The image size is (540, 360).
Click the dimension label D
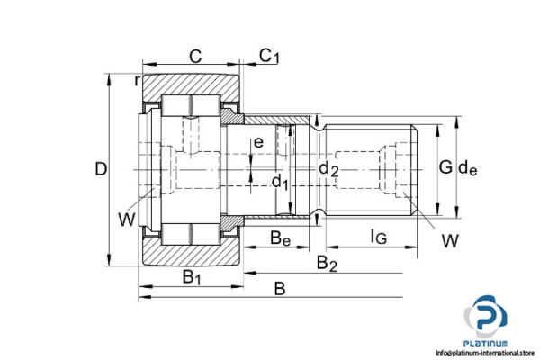[x=102, y=168]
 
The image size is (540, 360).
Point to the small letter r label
[x=137, y=81]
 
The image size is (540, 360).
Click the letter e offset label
[x=258, y=142]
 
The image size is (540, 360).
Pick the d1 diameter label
[x=280, y=184]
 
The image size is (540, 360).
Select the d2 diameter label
[x=329, y=169]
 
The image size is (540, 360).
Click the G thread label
[x=445, y=167]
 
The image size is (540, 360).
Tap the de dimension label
[x=468, y=167]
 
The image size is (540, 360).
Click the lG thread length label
[x=378, y=238]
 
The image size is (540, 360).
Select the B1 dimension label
[x=192, y=276]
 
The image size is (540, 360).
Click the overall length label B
[x=280, y=289]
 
